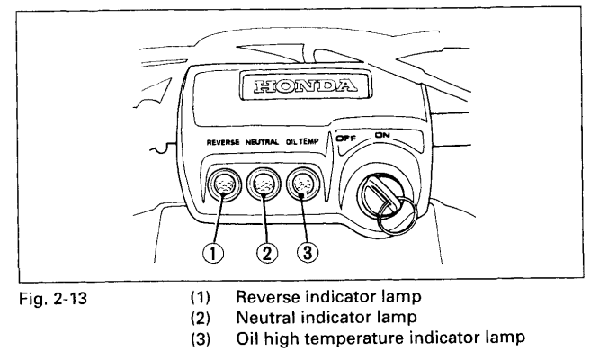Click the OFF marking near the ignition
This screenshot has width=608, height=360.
tap(347, 139)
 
